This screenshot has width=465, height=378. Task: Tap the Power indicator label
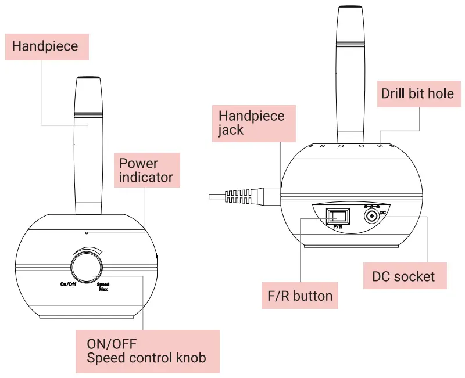pyautogui.click(x=146, y=170)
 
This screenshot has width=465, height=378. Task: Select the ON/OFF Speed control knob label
pyautogui.click(x=147, y=351)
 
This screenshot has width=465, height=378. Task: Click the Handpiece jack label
pyautogui.click(x=252, y=123)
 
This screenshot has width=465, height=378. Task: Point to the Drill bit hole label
pyautogui.click(x=417, y=93)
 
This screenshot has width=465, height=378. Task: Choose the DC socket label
pyautogui.click(x=403, y=276)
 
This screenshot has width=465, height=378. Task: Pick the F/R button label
pyautogui.click(x=296, y=296)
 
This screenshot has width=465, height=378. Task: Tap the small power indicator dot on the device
pyautogui.click(x=87, y=232)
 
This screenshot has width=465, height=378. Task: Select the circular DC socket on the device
pyautogui.click(x=370, y=217)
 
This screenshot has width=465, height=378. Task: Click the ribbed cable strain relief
pyautogui.click(x=239, y=195)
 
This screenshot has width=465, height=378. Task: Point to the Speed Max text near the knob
pyautogui.click(x=102, y=286)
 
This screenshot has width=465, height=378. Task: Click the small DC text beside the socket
pyautogui.click(x=382, y=213)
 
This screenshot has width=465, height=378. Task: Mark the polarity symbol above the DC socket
pyautogui.click(x=371, y=206)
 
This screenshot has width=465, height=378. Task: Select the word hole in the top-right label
pyautogui.click(x=441, y=93)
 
